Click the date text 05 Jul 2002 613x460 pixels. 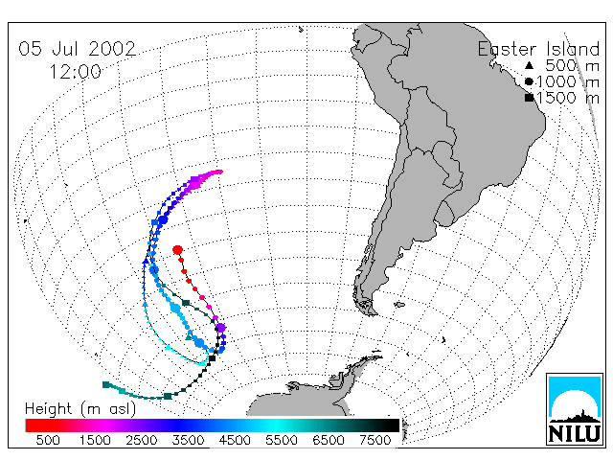[77, 49]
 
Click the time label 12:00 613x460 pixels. [75, 72]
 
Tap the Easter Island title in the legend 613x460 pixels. [538, 49]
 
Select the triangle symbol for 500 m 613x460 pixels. [529, 65]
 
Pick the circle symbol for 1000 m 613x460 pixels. [529, 81]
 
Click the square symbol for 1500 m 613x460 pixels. [529, 98]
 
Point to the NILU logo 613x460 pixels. [575, 409]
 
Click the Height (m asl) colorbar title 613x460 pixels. [80, 409]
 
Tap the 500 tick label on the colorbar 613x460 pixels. [48, 440]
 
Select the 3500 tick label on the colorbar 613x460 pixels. [188, 440]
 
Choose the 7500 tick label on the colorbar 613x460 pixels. [375, 440]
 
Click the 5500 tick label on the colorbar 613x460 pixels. [282, 440]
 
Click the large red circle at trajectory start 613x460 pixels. [177, 249]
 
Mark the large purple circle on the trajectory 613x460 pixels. [221, 328]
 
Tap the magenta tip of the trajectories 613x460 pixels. [219, 172]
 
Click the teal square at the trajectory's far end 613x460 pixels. [105, 385]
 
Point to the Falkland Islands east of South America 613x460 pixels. [399, 305]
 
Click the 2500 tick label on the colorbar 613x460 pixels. [142, 440]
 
